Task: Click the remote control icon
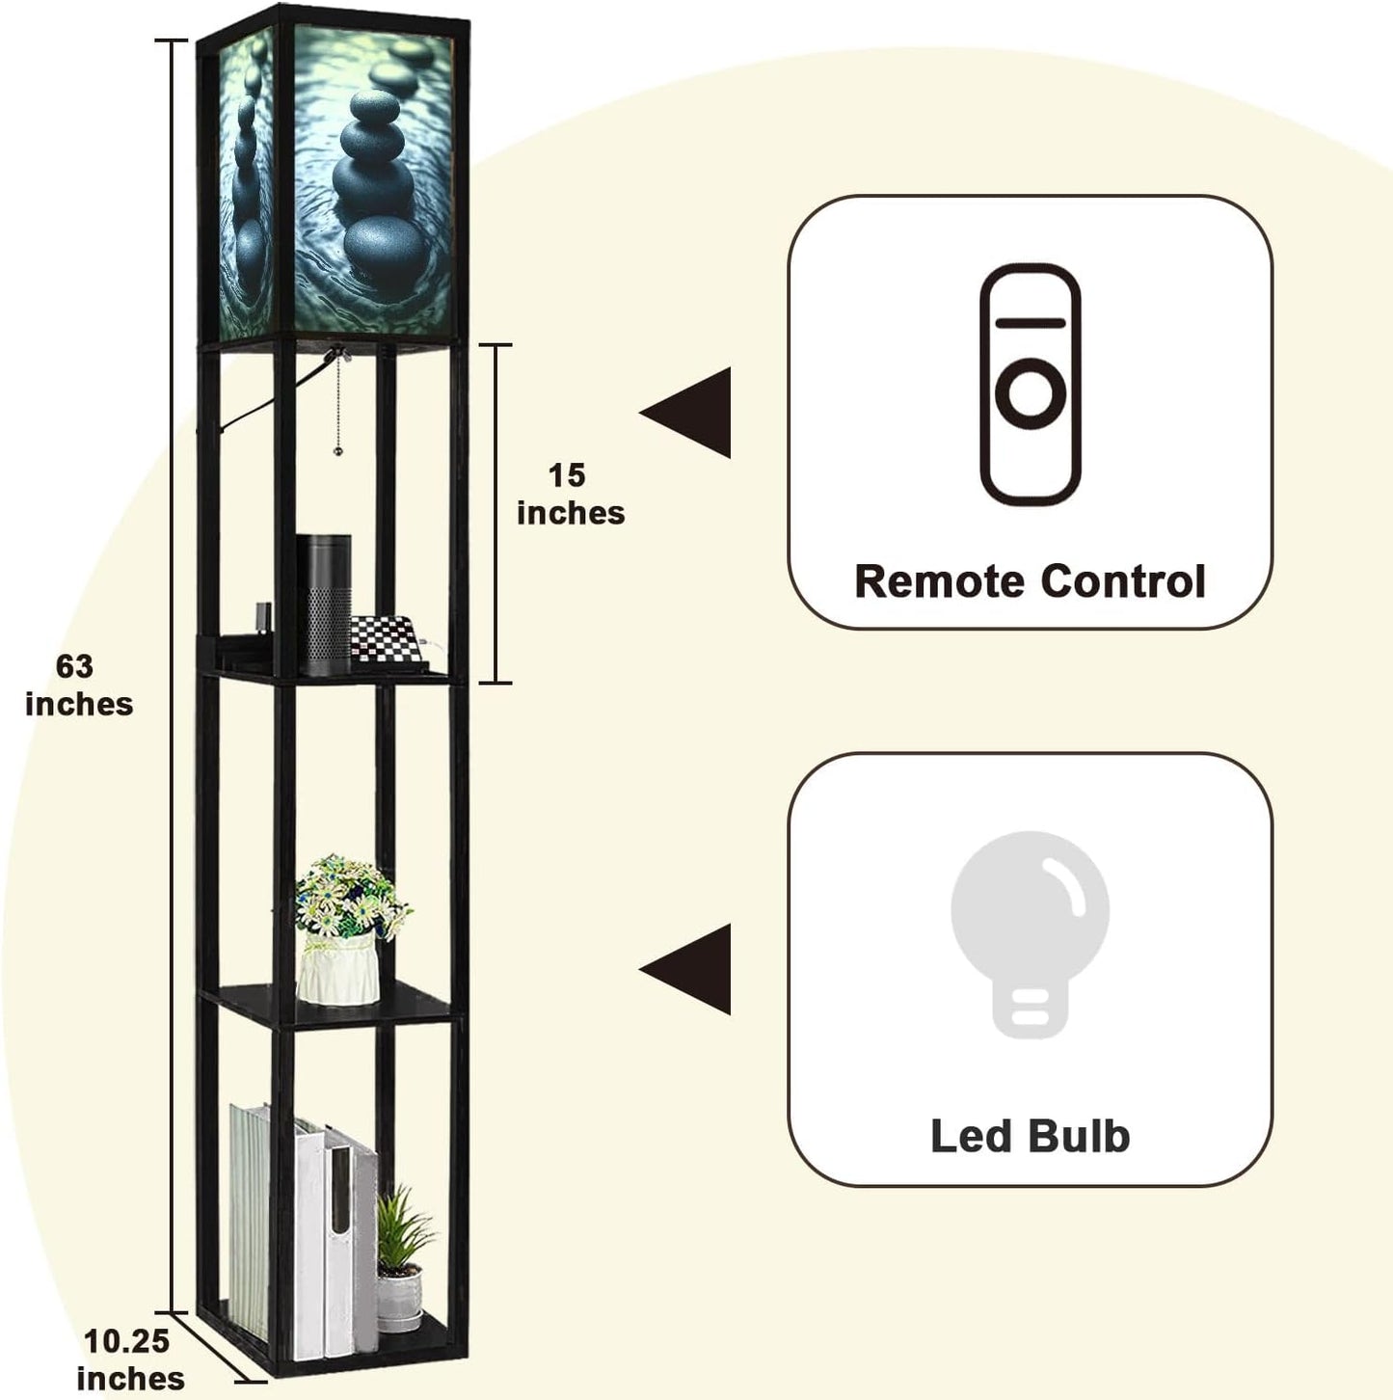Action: tap(1030, 384)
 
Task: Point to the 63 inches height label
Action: tap(78, 685)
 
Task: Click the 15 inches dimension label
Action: tap(570, 494)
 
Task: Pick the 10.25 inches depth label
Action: tap(128, 1359)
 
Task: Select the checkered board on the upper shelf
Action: tap(387, 639)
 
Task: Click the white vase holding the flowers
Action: tap(336, 966)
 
